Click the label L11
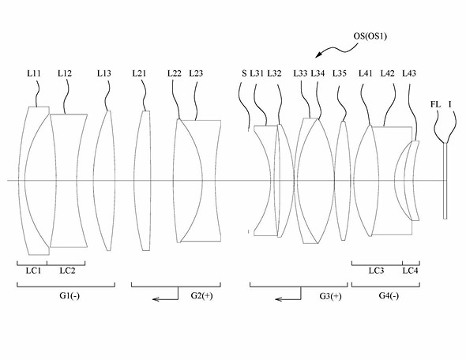click(34, 73)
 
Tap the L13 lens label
click(104, 73)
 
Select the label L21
click(139, 73)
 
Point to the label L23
click(196, 73)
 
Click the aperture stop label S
click(244, 73)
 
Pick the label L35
click(340, 73)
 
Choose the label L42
click(388, 73)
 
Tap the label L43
click(409, 73)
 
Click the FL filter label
click(435, 104)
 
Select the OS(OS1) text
click(370, 36)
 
